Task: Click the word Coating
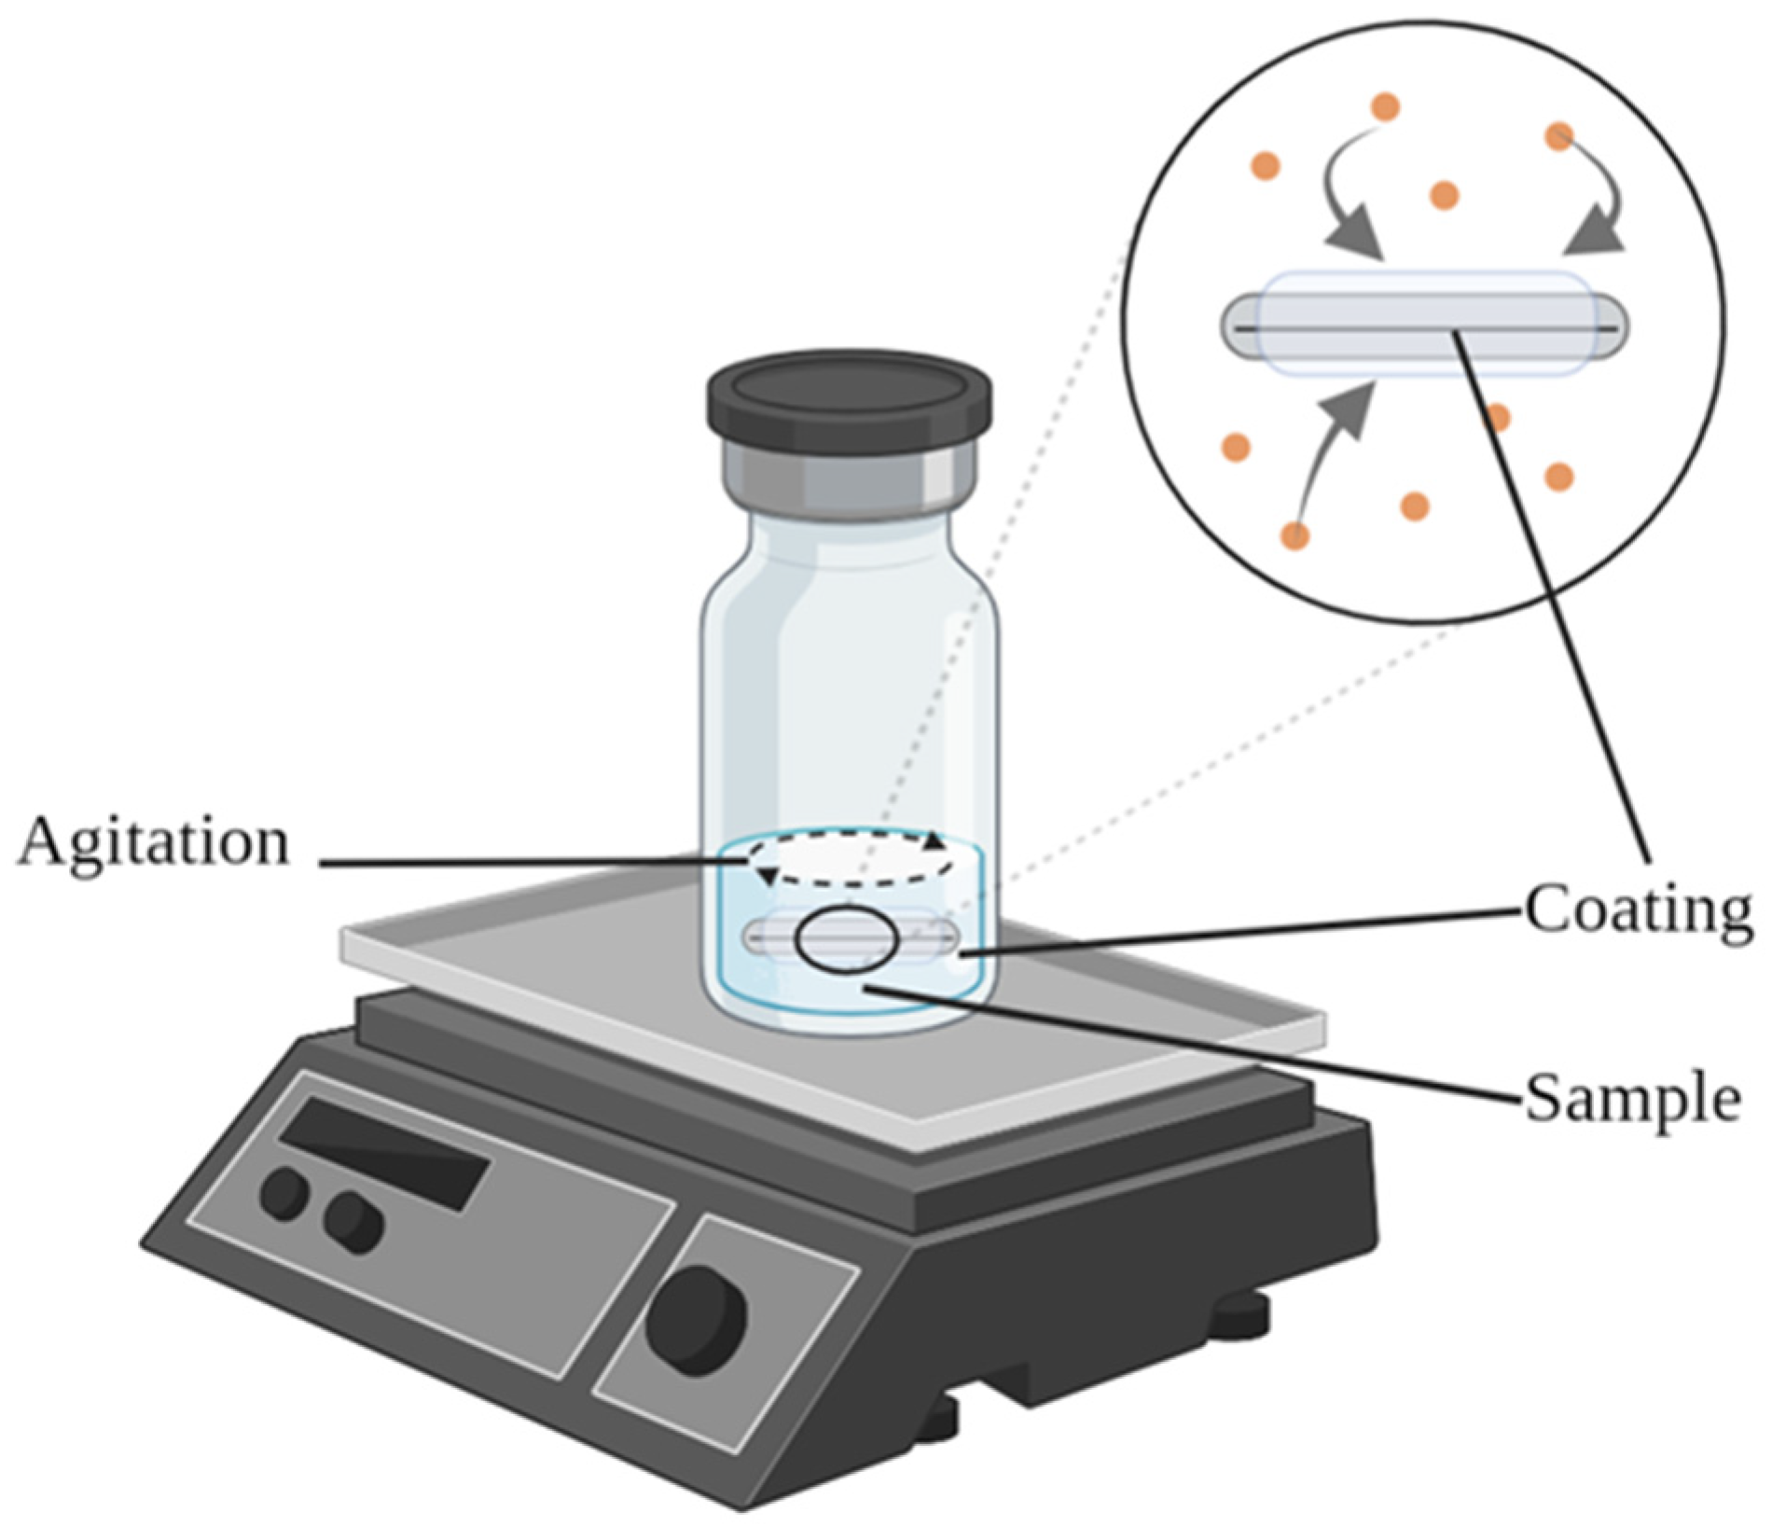tap(1638, 909)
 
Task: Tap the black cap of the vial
tap(849, 396)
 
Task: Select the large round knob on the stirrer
tap(696, 1317)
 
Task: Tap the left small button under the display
tap(284, 1193)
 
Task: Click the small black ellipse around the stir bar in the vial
tap(847, 940)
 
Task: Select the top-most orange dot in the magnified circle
tap(1385, 105)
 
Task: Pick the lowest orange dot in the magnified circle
tap(1295, 535)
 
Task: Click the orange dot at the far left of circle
tap(1236, 447)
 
